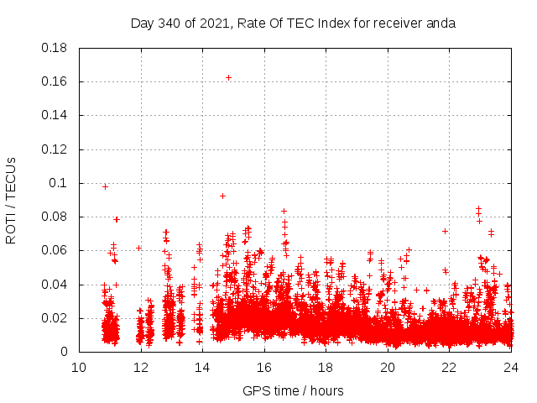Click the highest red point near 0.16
pyautogui.click(x=228, y=77)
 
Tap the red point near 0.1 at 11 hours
pyautogui.click(x=105, y=186)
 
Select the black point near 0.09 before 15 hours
pyautogui.click(x=222, y=196)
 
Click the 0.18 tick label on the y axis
pyautogui.click(x=55, y=48)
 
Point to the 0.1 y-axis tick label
pyautogui.click(x=60, y=183)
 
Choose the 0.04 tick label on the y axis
pyautogui.click(x=55, y=285)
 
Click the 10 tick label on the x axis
pyautogui.click(x=79, y=367)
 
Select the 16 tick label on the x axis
pyautogui.click(x=264, y=367)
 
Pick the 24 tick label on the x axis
pyautogui.click(x=511, y=367)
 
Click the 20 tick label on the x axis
pyautogui.click(x=388, y=367)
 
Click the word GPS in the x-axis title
pyautogui.click(x=255, y=390)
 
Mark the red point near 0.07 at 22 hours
pyautogui.click(x=445, y=231)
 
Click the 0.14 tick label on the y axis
pyautogui.click(x=55, y=115)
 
